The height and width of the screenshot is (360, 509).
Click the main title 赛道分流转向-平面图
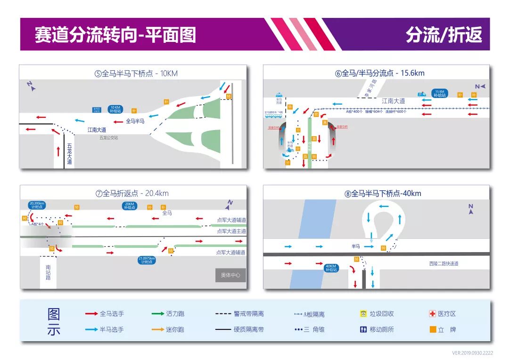(x=115, y=35)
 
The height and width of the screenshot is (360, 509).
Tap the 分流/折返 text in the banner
(x=444, y=35)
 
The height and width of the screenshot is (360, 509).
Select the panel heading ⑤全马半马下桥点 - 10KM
(x=136, y=74)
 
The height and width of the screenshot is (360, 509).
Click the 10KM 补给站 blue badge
(x=115, y=109)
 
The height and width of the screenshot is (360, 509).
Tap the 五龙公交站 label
(x=108, y=138)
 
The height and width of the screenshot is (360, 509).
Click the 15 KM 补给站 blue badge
(x=439, y=93)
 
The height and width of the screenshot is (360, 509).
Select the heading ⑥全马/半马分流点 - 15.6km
(x=379, y=73)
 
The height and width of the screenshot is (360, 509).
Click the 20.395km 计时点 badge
(x=37, y=205)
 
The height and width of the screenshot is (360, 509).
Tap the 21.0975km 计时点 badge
(x=147, y=260)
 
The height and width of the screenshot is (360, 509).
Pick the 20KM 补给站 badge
(x=130, y=206)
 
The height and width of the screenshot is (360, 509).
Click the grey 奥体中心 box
(x=230, y=275)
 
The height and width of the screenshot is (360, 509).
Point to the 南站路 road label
(x=48, y=272)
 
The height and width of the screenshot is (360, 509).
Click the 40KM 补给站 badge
(x=331, y=268)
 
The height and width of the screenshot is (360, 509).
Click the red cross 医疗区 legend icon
(x=432, y=314)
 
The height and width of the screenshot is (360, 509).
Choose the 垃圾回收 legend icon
(x=363, y=314)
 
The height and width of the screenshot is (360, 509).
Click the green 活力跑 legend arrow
(x=158, y=314)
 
